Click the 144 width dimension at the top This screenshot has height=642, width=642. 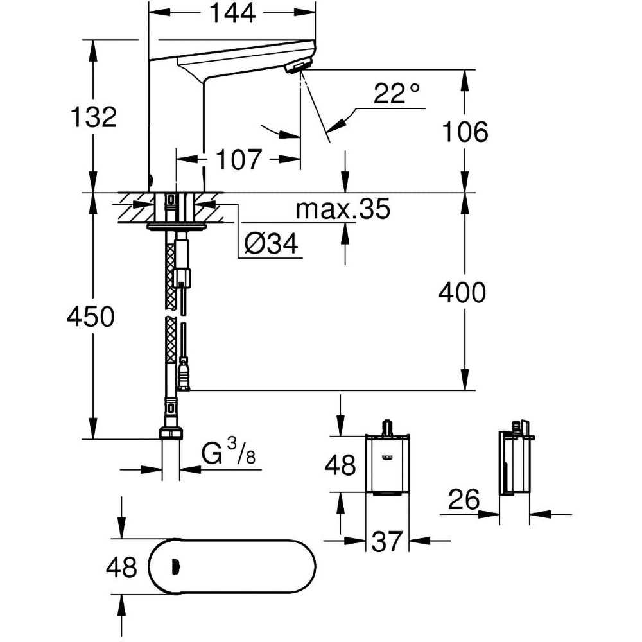tap(232, 13)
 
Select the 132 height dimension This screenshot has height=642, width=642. tap(94, 117)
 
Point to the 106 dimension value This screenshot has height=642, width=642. tap(465, 133)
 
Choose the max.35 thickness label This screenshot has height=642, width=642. tap(343, 209)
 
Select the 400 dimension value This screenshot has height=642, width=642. tap(462, 293)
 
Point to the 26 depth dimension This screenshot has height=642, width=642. tap(463, 500)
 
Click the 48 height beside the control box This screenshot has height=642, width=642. tap(340, 465)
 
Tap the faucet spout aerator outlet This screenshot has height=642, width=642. tap(299, 66)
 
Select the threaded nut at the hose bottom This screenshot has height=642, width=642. tap(171, 433)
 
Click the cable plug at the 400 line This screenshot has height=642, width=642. tap(184, 376)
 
